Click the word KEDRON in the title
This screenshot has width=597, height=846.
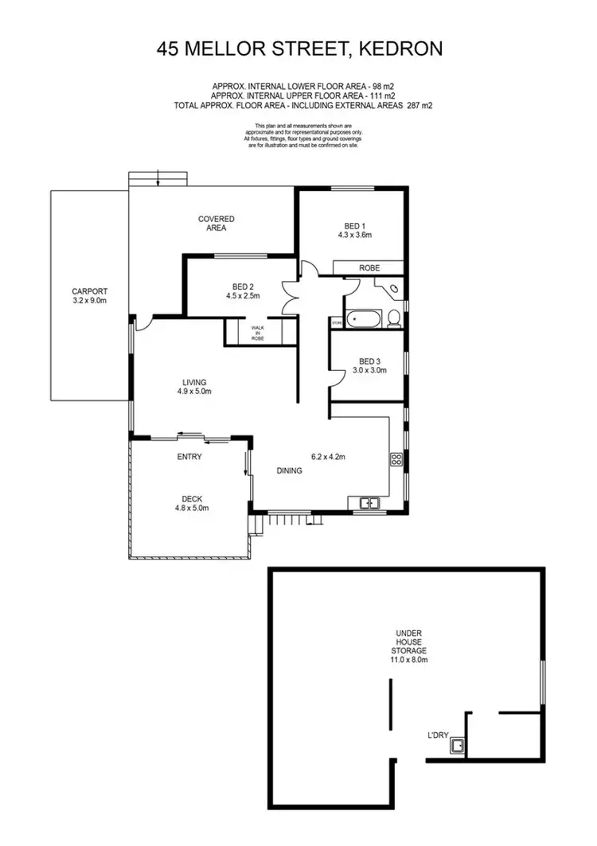click(x=402, y=49)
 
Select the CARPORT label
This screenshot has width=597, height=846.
click(x=88, y=291)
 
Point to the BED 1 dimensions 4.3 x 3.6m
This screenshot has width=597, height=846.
click(x=355, y=235)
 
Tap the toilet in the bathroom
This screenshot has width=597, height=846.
click(x=392, y=320)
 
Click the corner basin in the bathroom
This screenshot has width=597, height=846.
click(x=395, y=288)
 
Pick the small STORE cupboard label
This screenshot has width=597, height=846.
click(x=337, y=322)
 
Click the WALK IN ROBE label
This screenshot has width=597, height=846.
click(x=257, y=333)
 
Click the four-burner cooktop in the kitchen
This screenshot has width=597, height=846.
click(x=395, y=458)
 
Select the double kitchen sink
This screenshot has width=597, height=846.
click(x=369, y=502)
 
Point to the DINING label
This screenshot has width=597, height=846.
click(x=290, y=470)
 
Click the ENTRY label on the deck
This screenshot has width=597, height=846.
click(x=189, y=457)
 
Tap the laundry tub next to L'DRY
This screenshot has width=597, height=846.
click(x=458, y=747)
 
